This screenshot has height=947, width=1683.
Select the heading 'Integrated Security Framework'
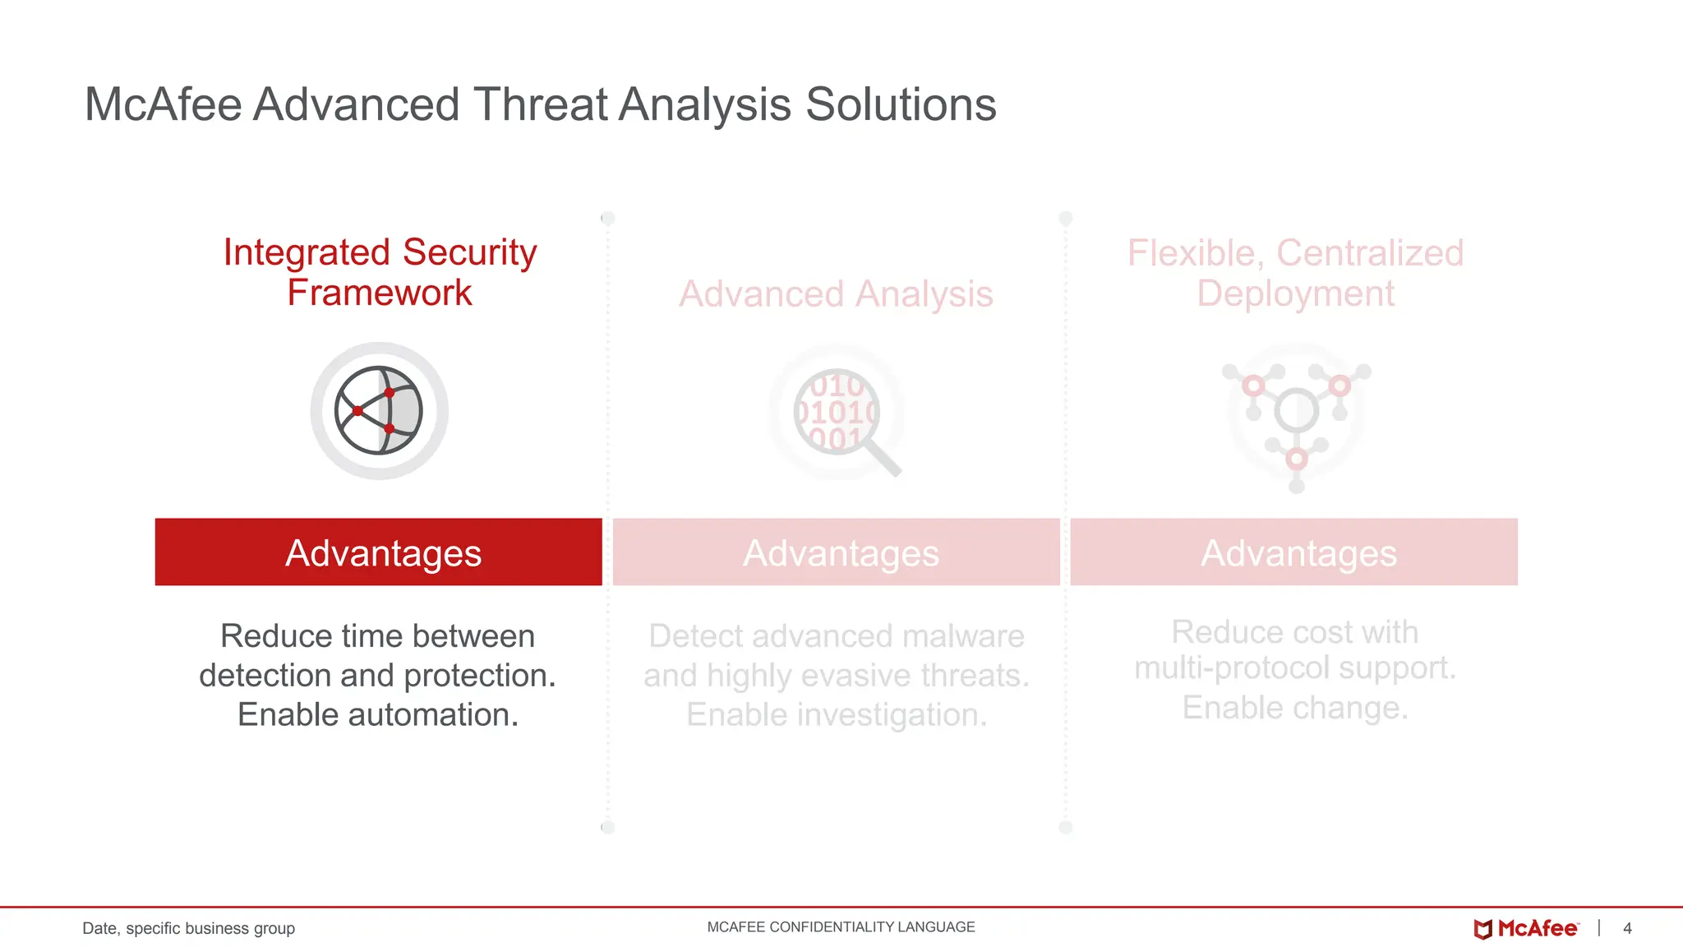(x=380, y=272)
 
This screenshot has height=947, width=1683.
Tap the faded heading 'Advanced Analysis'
(x=836, y=294)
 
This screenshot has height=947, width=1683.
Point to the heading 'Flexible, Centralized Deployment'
(x=1295, y=273)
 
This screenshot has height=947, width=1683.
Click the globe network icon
(x=379, y=410)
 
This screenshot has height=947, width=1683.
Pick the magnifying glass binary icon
(x=837, y=411)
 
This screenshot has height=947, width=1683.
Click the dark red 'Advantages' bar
(x=379, y=552)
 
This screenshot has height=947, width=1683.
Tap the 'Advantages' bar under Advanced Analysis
(x=837, y=552)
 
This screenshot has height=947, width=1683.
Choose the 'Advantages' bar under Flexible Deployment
(x=1294, y=552)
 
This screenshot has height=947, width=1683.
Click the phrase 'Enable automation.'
(x=378, y=714)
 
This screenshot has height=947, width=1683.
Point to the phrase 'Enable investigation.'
(x=837, y=714)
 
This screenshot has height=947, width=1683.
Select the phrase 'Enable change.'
(x=1295, y=707)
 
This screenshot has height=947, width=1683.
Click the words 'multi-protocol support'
(x=1293, y=668)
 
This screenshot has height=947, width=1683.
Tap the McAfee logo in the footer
(x=1526, y=928)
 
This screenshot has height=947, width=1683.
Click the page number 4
(x=1627, y=928)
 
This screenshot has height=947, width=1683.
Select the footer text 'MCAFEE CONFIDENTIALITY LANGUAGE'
(x=841, y=927)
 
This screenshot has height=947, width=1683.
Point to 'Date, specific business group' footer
(x=188, y=928)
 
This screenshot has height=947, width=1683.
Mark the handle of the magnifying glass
(x=883, y=458)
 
